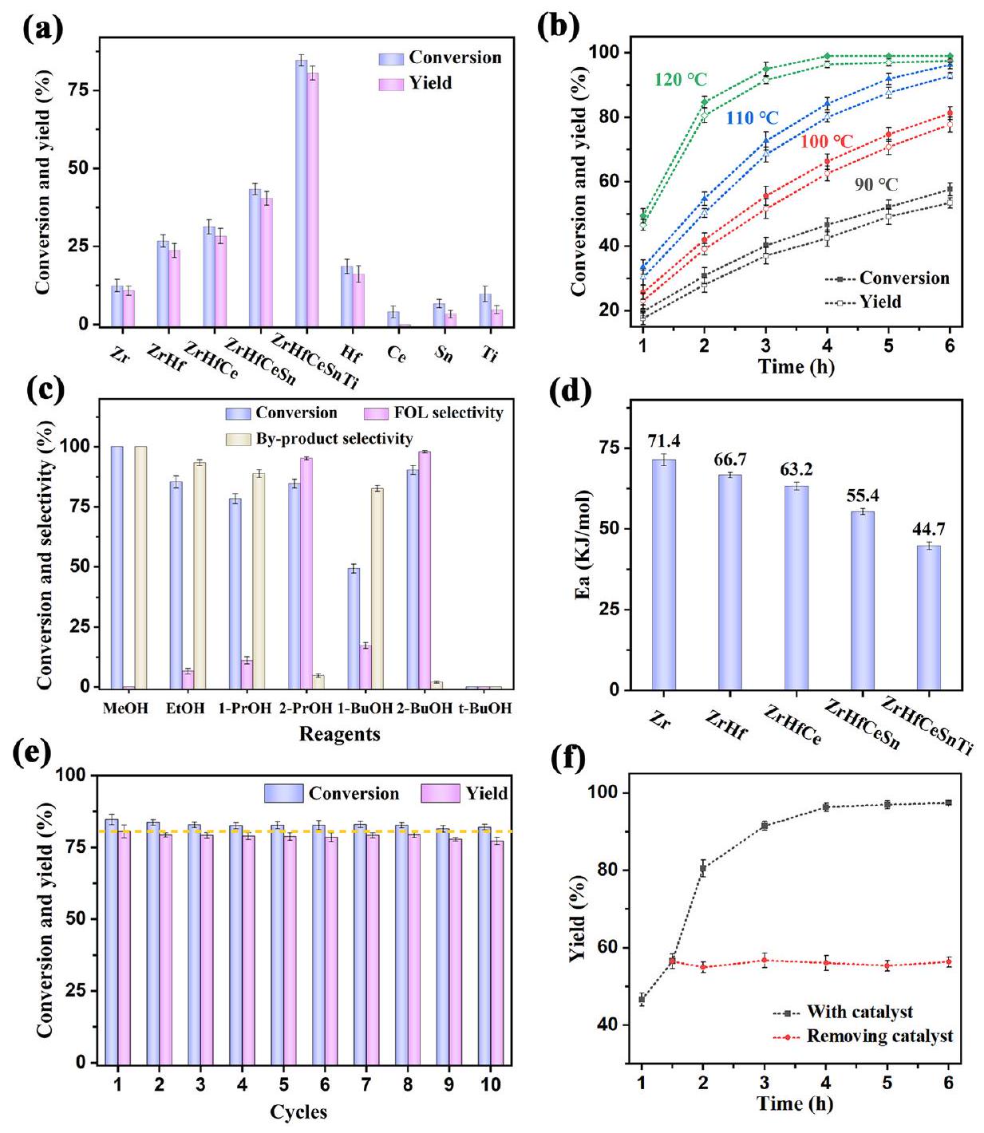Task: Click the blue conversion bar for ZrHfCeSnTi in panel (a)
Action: (x=301, y=191)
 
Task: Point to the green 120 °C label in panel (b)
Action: (x=680, y=80)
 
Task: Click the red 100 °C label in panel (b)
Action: (x=827, y=142)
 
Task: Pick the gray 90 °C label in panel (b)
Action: (x=875, y=184)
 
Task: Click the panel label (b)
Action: (x=558, y=27)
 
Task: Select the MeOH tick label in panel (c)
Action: (x=125, y=708)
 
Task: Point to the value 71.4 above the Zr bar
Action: (x=663, y=441)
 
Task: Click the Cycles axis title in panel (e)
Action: (x=298, y=1111)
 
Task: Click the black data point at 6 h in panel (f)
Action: (x=948, y=803)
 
